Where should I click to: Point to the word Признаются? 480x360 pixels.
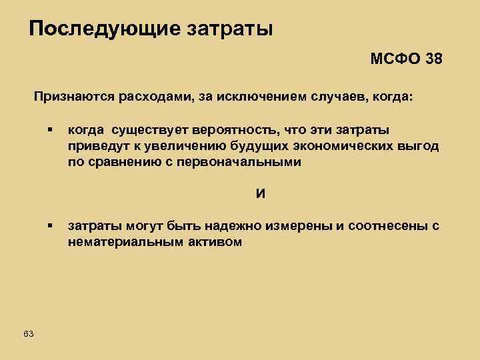pyautogui.click(x=73, y=97)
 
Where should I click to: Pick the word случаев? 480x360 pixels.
pyautogui.click(x=341, y=97)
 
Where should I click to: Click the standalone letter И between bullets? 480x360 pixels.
pyautogui.click(x=261, y=194)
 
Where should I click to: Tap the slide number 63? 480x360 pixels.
pyautogui.click(x=28, y=333)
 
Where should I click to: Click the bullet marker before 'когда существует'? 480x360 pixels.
pyautogui.click(x=50, y=130)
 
